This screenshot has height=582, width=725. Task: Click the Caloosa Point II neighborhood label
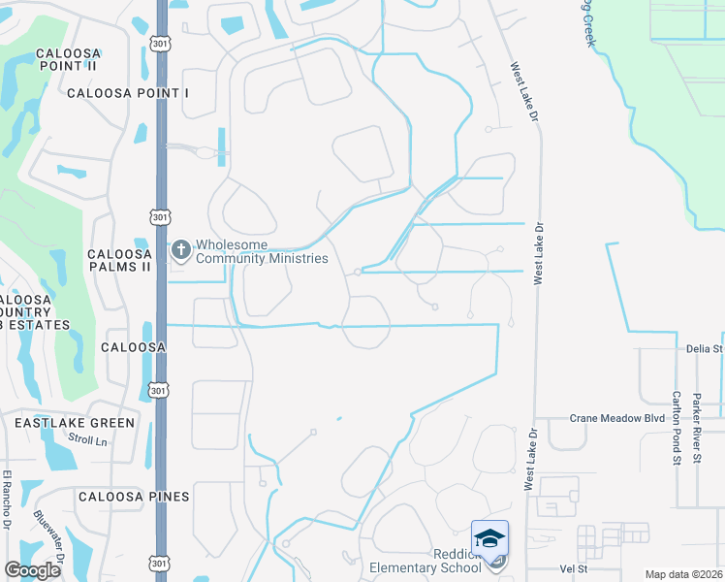pyautogui.click(x=67, y=58)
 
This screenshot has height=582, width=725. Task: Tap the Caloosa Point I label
pyautogui.click(x=128, y=93)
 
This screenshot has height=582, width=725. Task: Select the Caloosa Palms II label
pyautogui.click(x=119, y=260)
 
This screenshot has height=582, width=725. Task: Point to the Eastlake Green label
pyautogui.click(x=74, y=423)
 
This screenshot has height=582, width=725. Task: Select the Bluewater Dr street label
pyautogui.click(x=48, y=537)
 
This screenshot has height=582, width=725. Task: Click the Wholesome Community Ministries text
pyautogui.click(x=262, y=252)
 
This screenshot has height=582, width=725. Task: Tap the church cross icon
pyautogui.click(x=180, y=250)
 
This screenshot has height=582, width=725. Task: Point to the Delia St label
pyautogui.click(x=705, y=348)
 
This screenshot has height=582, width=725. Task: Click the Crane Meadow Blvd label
pyautogui.click(x=617, y=418)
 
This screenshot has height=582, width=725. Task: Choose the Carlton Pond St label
pyautogui.click(x=677, y=427)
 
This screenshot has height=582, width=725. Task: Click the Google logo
pyautogui.click(x=32, y=570)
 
